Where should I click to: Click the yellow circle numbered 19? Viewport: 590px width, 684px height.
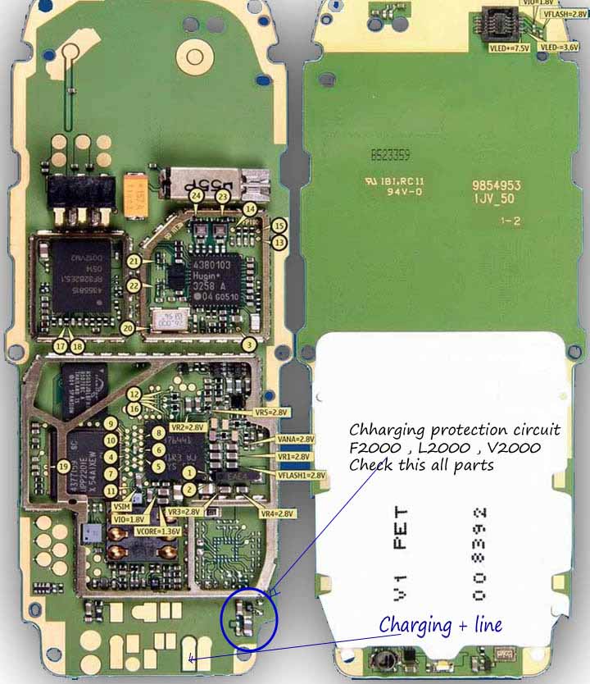pos(62,467)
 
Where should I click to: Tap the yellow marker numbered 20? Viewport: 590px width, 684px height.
pos(127,327)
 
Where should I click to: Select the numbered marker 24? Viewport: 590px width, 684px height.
pos(195,197)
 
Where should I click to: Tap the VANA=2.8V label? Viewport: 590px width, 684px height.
pos(296,440)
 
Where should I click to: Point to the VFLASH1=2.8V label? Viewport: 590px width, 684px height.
pos(301,474)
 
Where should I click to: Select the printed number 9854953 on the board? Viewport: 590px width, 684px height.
pos(497,187)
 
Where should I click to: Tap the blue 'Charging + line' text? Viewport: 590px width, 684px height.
pos(440,625)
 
